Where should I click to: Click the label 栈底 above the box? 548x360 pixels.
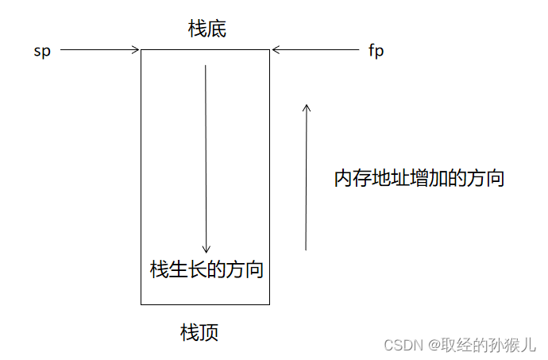click(207, 29)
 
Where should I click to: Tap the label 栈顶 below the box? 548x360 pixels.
click(199, 332)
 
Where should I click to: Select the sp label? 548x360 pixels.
click(42, 52)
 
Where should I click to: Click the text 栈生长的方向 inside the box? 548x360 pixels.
click(206, 269)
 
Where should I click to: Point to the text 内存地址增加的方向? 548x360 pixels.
click(419, 177)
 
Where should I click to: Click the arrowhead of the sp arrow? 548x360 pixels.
click(137, 50)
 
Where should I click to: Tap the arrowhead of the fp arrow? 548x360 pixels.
click(275, 51)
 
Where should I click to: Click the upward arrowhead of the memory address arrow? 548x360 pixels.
click(307, 106)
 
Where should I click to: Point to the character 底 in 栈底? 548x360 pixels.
click(217, 29)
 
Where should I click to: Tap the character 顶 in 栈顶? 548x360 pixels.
click(209, 332)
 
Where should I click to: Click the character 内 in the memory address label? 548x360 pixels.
click(342, 177)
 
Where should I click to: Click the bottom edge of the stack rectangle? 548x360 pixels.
click(205, 304)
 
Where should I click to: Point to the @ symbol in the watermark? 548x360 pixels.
click(434, 345)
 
